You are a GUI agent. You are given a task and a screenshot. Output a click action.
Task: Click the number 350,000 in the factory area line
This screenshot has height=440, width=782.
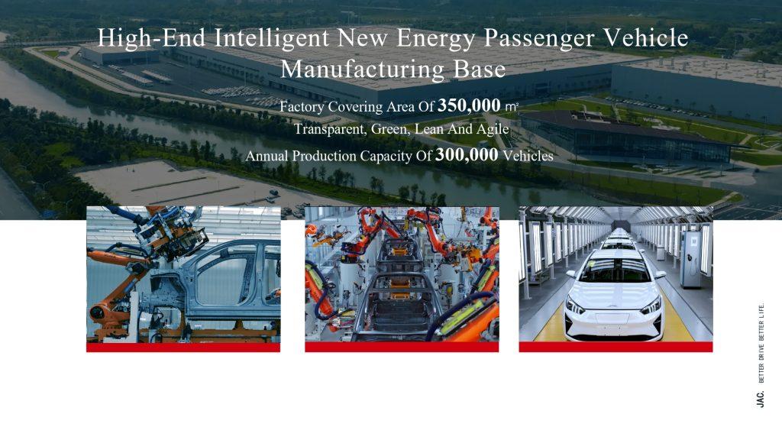tap(469, 105)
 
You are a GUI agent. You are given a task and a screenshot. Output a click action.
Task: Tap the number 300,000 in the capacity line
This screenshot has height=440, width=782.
tap(467, 154)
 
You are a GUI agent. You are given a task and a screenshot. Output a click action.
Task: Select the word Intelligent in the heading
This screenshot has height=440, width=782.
tap(272, 38)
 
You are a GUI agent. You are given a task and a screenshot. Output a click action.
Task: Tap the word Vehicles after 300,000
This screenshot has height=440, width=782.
tap(528, 156)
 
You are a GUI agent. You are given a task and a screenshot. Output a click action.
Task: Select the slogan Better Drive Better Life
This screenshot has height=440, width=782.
tap(761, 343)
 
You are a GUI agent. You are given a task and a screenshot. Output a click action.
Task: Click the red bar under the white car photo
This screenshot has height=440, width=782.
tap(616, 347)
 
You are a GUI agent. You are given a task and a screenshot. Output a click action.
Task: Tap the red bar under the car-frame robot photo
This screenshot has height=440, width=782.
tap(183, 347)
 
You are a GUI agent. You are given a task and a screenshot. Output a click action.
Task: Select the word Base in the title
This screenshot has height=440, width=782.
tap(480, 69)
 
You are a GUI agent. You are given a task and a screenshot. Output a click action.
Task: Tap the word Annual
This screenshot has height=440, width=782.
tap(267, 156)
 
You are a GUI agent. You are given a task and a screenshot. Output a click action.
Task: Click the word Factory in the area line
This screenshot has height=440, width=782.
tap(301, 107)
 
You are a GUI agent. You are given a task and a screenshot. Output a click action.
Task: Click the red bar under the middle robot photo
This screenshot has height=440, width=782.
tap(402, 347)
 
